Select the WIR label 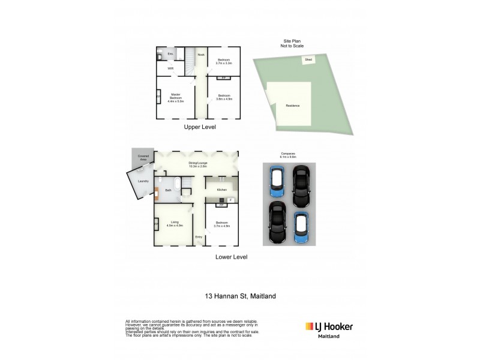(170, 68)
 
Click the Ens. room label (170, 55)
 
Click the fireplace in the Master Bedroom (158, 97)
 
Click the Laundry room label (143, 181)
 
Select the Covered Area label (143, 158)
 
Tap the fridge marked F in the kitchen (230, 199)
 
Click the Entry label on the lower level (199, 237)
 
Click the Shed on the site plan (308, 60)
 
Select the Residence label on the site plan (292, 106)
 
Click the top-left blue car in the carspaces (277, 181)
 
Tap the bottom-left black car (277, 222)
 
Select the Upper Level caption (200, 127)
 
